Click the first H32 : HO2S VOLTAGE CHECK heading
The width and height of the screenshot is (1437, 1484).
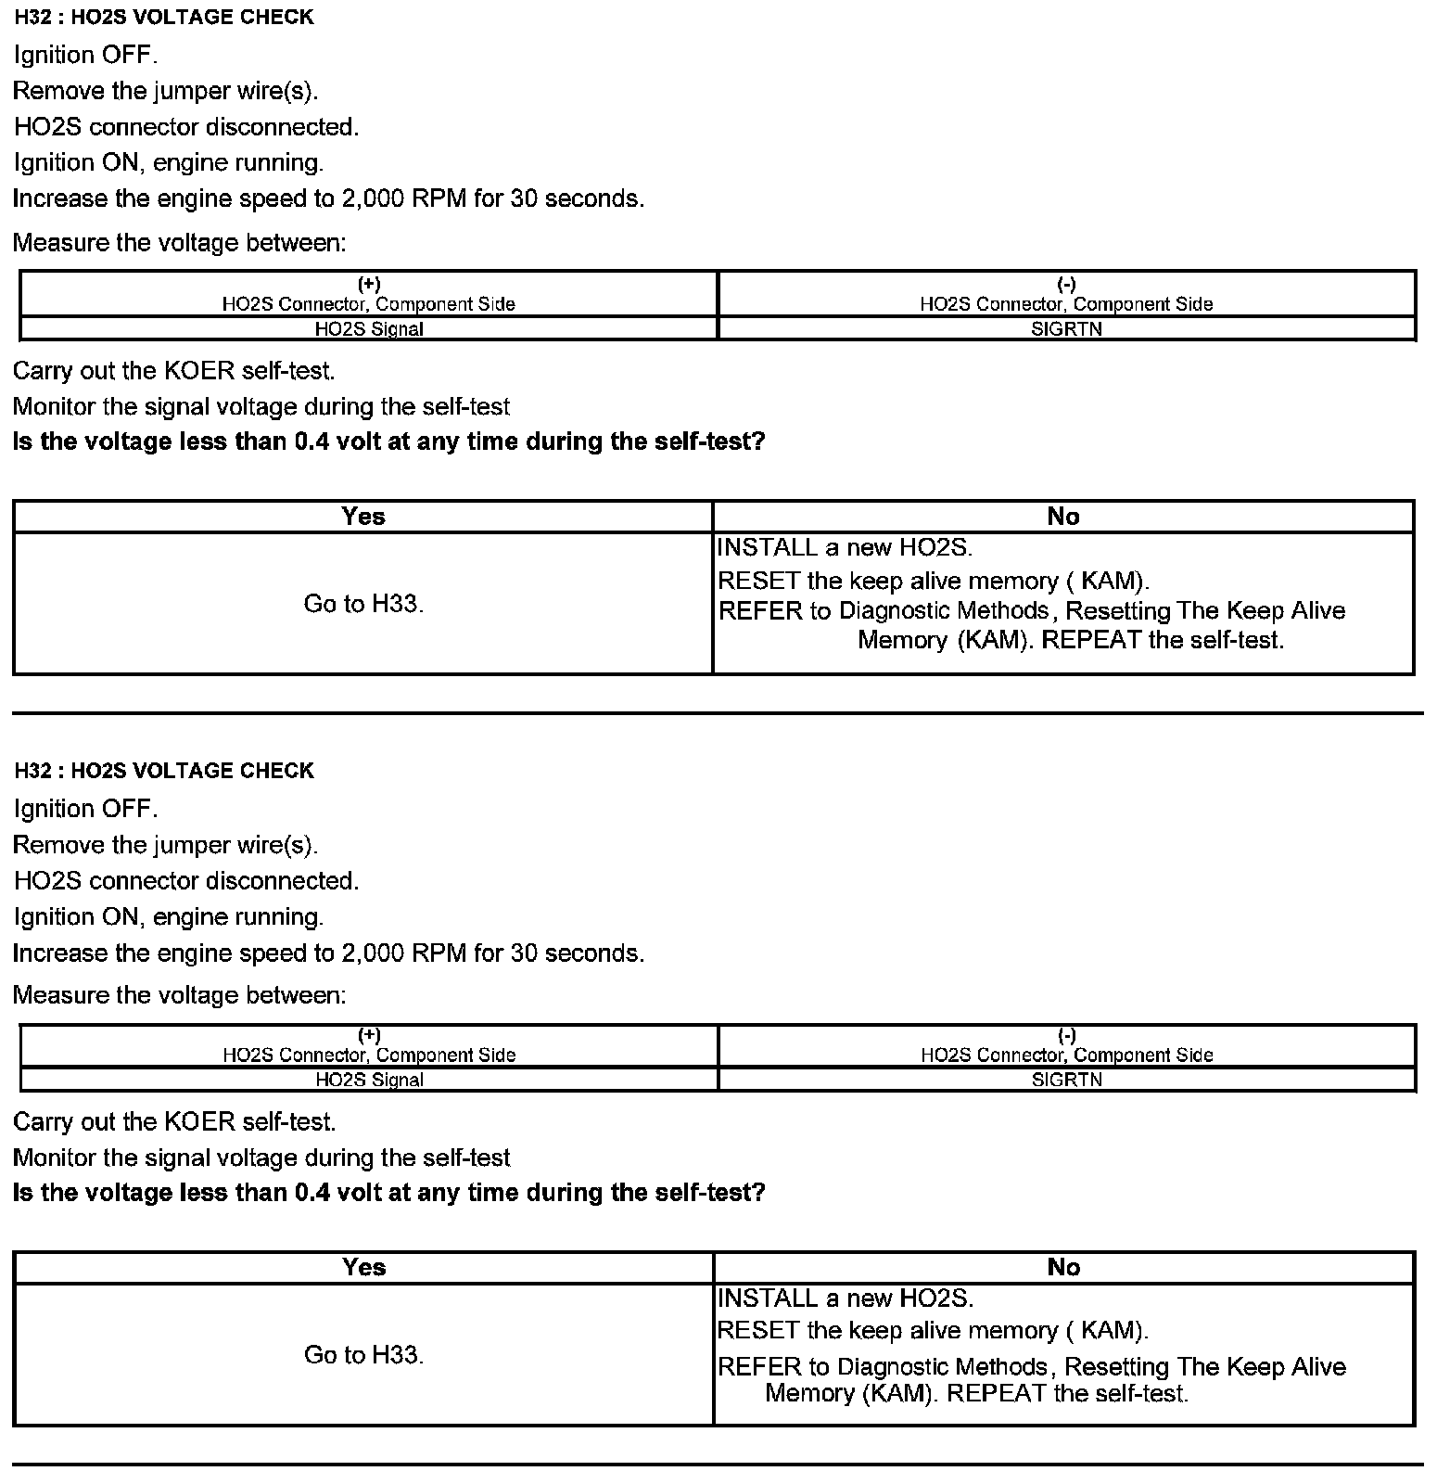(x=164, y=18)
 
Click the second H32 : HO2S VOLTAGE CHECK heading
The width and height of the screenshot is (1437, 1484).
(x=164, y=771)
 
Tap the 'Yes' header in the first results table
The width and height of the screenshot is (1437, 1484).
(x=362, y=517)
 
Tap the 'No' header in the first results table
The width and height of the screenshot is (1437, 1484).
(x=1062, y=517)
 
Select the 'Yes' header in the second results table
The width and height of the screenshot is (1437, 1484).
(x=363, y=1267)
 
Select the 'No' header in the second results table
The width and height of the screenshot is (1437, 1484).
(x=1063, y=1267)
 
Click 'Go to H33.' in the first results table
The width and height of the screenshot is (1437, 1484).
(x=363, y=604)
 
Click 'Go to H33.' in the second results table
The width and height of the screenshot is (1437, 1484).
(x=363, y=1355)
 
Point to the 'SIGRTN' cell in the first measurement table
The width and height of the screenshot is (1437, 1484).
(x=1066, y=328)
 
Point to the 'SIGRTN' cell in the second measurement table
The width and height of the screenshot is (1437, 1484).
(x=1066, y=1080)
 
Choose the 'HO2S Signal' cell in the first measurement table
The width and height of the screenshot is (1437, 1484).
(x=369, y=328)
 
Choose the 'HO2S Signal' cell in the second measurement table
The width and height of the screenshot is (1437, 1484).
(x=369, y=1080)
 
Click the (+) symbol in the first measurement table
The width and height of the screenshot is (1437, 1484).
(x=369, y=284)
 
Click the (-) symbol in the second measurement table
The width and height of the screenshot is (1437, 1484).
(x=1066, y=1035)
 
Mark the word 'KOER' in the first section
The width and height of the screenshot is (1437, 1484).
(x=199, y=371)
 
